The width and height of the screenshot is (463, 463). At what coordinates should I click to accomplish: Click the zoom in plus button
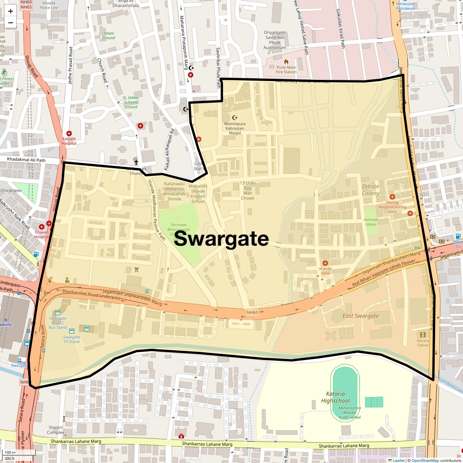tap(10, 11)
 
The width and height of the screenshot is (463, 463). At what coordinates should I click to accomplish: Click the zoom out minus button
tap(10, 23)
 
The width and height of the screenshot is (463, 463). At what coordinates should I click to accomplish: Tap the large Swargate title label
tap(222, 239)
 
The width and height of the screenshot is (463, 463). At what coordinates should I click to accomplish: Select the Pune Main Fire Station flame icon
tap(286, 61)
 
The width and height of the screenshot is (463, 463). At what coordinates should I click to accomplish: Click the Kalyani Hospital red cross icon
tap(69, 133)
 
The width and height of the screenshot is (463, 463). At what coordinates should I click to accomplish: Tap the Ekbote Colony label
tap(370, 189)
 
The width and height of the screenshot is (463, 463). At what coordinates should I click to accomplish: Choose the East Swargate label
tap(360, 316)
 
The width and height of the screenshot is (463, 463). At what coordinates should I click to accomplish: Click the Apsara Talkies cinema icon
tap(423, 335)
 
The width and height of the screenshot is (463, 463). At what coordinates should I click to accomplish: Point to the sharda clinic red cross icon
tap(325, 263)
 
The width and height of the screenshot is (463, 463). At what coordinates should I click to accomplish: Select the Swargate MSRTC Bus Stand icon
tap(58, 313)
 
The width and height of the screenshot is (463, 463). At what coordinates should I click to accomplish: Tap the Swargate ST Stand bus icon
tap(72, 331)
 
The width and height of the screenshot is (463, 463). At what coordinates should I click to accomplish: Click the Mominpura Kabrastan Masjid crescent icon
tap(235, 117)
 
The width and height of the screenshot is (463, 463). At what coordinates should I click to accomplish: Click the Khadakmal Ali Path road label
tap(26, 160)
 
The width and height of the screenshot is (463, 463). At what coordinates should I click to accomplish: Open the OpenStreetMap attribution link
tap(425, 460)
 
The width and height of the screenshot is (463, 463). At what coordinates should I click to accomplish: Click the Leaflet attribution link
tap(398, 460)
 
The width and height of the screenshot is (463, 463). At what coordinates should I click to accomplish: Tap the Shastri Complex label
tap(56, 430)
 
